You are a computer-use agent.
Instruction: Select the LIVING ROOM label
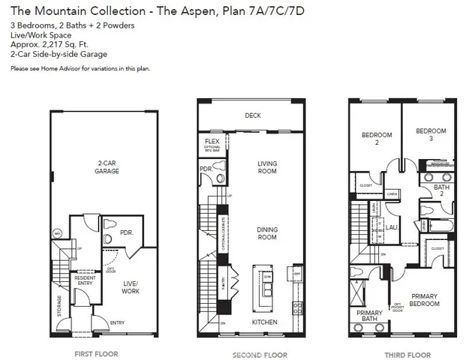266,167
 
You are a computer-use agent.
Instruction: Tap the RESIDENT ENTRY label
84,280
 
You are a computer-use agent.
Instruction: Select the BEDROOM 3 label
431,135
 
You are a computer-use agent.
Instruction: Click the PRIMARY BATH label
369,316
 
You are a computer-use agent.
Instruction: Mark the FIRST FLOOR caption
95,352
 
